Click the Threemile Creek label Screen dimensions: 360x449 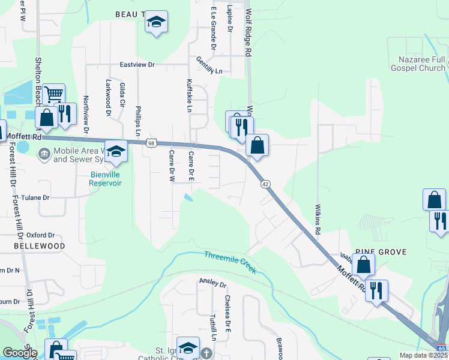click(x=231, y=263)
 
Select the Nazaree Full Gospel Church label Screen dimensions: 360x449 click(x=423, y=64)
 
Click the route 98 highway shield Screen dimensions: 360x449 click(x=151, y=143)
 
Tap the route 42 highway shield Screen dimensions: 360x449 click(x=264, y=184)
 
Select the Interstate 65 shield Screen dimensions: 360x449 click(x=442, y=348)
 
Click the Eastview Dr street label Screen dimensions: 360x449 click(x=137, y=64)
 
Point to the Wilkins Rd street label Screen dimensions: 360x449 click(x=318, y=218)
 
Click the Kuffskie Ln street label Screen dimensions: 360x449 click(x=189, y=95)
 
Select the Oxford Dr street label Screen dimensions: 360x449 click(x=41, y=235)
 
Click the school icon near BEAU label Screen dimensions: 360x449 click(x=157, y=23)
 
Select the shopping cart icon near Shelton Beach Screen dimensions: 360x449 click(x=54, y=94)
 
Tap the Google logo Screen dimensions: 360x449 click(x=20, y=353)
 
